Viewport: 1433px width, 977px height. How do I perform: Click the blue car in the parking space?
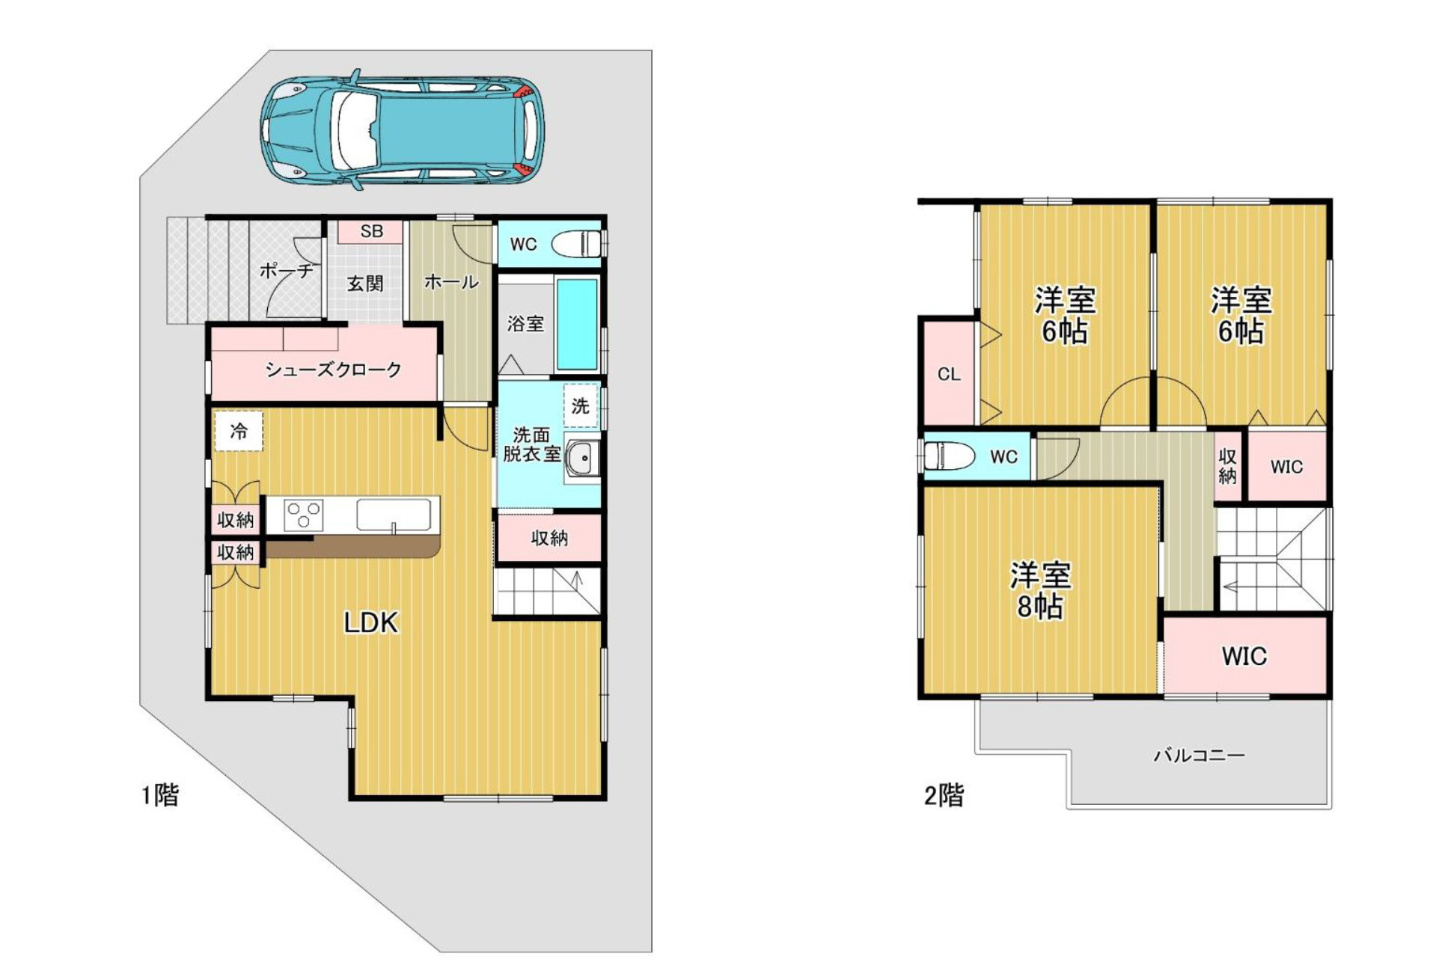coord(402,131)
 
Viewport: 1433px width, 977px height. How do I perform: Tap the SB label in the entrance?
coord(371,231)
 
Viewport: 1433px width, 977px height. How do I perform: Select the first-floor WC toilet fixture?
coord(579,244)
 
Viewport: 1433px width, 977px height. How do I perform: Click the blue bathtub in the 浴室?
coord(577,324)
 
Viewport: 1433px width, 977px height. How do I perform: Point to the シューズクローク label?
coord(333,369)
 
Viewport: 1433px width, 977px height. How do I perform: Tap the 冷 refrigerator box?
coord(239,431)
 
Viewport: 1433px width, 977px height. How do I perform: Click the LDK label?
coord(370,622)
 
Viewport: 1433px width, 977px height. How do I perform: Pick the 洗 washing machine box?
coord(581,405)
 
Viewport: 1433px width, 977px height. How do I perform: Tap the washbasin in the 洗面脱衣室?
coord(582,458)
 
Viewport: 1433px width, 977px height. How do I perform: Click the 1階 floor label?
coord(160,794)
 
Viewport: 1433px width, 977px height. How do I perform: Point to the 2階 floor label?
coord(944,794)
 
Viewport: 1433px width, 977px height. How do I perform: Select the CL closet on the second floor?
coord(949,373)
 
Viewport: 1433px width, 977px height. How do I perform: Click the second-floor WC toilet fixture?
coord(949,455)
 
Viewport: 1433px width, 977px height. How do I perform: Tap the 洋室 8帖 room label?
coord(1040,591)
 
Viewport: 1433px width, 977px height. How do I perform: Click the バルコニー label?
coord(1199,755)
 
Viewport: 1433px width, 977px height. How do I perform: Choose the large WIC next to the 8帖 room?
coord(1244,656)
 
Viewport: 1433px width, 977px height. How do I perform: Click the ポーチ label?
coord(286,270)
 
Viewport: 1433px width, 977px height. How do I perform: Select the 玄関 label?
coord(365,284)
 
